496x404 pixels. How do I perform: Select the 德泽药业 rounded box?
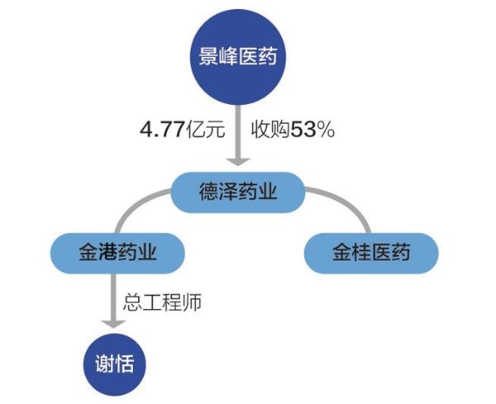(x=236, y=192)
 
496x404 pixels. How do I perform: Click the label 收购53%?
(x=292, y=130)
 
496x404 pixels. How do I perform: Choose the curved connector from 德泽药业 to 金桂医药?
(x=347, y=206)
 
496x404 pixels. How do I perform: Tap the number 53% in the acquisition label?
(x=316, y=130)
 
